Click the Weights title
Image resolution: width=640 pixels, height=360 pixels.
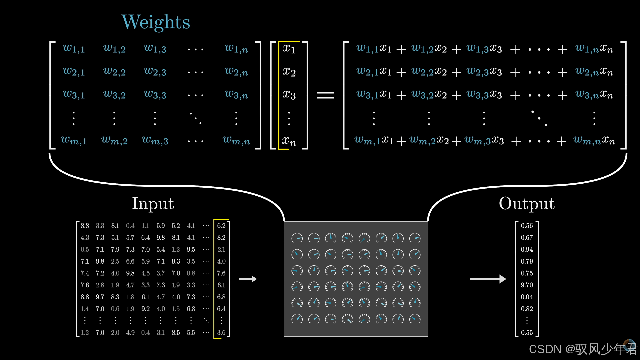(x=156, y=22)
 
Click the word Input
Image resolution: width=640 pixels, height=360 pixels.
(x=153, y=204)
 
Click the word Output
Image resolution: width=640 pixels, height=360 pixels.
(x=527, y=204)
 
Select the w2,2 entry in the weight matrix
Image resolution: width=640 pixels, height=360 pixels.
(x=114, y=71)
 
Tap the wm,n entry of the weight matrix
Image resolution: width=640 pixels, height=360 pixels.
(x=236, y=141)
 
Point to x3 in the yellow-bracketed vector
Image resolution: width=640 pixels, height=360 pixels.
(x=289, y=95)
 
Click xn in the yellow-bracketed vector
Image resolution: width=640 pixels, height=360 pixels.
(x=289, y=141)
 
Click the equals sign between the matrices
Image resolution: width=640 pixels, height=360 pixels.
(x=325, y=96)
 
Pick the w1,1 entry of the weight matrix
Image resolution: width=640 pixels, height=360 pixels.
(x=74, y=49)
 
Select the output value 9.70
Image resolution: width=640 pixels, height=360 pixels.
(x=527, y=285)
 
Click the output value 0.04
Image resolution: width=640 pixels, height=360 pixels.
(x=527, y=297)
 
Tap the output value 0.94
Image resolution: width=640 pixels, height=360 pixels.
(x=527, y=249)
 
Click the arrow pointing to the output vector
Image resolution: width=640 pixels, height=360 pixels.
(x=488, y=279)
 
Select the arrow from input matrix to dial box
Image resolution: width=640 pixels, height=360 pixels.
(x=248, y=279)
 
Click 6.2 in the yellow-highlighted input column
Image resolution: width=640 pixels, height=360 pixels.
(x=221, y=226)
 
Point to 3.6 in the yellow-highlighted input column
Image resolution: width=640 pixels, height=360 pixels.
(x=221, y=333)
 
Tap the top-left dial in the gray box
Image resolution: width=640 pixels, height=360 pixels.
(x=297, y=238)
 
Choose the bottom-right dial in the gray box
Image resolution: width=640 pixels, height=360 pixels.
(x=415, y=319)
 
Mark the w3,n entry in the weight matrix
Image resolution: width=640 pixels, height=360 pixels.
(x=236, y=95)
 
